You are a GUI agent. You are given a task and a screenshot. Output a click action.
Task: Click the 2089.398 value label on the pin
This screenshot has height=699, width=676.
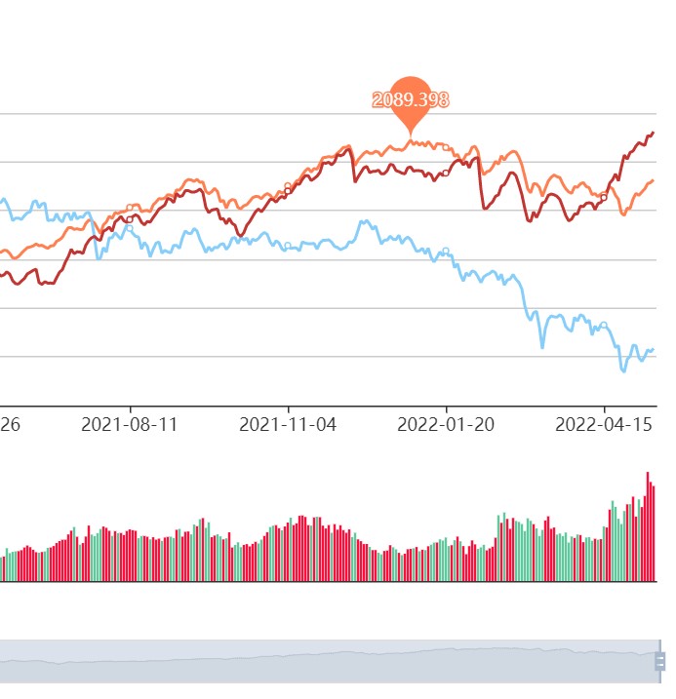[410, 99]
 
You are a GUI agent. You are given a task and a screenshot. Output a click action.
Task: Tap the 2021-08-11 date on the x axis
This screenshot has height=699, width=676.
[130, 425]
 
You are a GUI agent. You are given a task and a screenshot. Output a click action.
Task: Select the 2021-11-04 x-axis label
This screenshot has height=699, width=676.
[288, 425]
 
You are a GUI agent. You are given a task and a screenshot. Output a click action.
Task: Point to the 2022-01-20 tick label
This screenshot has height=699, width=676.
[446, 425]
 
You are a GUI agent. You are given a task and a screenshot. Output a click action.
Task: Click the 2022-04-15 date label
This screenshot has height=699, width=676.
[604, 425]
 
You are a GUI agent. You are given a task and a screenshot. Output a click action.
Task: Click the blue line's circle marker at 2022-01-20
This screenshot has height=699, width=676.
[446, 252]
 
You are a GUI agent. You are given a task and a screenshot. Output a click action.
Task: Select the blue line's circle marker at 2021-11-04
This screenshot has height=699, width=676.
[288, 245]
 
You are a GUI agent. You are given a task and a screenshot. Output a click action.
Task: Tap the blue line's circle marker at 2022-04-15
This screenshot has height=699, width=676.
[604, 325]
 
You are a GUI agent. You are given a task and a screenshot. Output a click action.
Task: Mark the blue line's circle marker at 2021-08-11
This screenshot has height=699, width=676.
[130, 228]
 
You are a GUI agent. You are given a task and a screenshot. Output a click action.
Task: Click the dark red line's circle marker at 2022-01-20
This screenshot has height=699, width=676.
[446, 173]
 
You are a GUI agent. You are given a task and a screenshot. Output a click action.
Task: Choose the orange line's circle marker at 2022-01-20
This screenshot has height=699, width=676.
[446, 146]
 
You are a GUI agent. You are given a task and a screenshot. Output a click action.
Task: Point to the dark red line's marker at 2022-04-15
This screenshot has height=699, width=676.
[604, 197]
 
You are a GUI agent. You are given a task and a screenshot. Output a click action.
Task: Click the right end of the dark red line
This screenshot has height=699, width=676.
[653, 133]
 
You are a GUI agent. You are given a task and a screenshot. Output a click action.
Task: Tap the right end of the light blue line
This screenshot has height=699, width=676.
[653, 349]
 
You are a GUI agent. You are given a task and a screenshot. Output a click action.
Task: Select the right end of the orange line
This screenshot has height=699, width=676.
[653, 180]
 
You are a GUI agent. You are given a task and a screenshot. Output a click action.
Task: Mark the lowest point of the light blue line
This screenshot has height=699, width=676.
[623, 371]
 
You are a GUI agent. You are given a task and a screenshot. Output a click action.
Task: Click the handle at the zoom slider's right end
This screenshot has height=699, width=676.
[658, 661]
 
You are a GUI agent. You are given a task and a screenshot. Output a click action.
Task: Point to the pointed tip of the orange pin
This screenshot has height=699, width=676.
[411, 136]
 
